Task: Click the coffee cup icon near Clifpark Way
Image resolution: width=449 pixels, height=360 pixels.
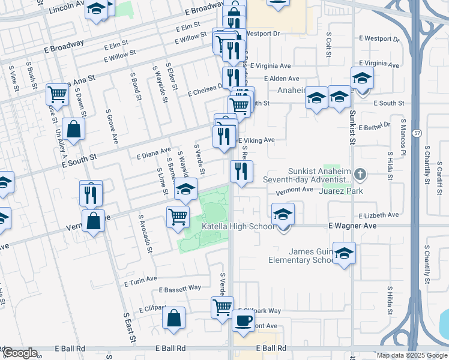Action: click(243, 320)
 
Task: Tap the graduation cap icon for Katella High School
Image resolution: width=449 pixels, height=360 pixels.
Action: click(283, 214)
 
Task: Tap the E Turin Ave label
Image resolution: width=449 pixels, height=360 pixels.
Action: click(140, 280)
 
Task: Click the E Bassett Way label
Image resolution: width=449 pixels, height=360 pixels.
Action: click(180, 289)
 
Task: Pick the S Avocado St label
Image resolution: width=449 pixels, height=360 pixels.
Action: click(145, 233)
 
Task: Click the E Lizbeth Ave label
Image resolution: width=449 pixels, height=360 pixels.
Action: click(378, 215)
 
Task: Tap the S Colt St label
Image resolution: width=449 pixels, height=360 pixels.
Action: click(328, 44)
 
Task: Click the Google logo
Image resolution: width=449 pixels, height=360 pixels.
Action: click(19, 353)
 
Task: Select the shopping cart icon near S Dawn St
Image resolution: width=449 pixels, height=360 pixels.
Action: click(57, 94)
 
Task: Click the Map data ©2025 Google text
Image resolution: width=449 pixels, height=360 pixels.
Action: click(411, 355)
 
